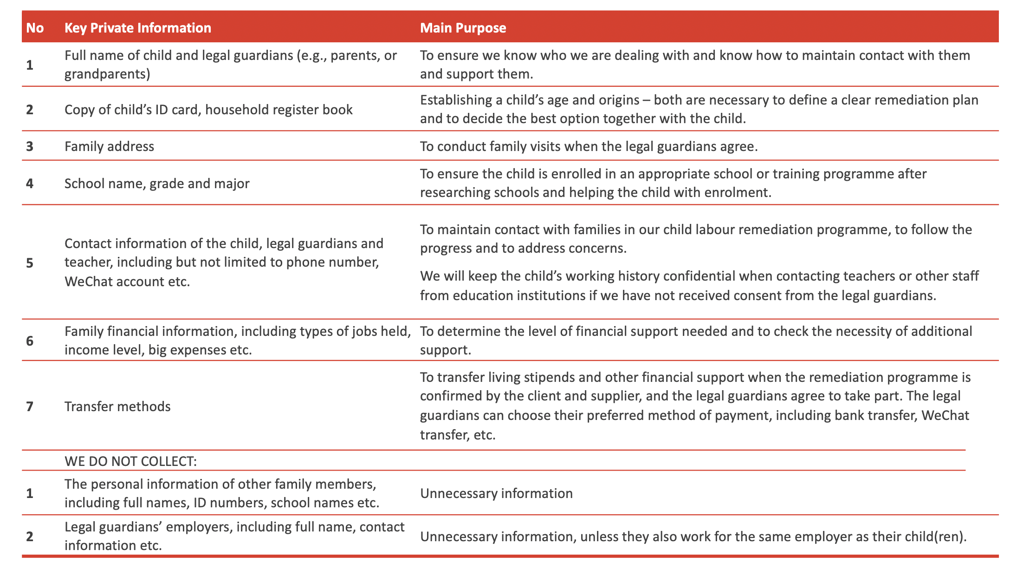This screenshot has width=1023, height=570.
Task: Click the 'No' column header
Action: click(x=35, y=28)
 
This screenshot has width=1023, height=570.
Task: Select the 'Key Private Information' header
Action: click(x=137, y=28)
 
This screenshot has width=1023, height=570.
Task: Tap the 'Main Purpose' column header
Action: click(x=463, y=28)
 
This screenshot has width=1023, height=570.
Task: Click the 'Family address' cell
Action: click(x=109, y=146)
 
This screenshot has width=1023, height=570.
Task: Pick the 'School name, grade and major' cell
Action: click(x=157, y=183)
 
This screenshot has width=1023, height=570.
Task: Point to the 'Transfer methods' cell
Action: click(x=117, y=406)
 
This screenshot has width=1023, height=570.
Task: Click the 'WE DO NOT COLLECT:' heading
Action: click(x=130, y=461)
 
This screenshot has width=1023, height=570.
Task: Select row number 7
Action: click(x=30, y=406)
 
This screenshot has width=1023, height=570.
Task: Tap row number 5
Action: click(x=30, y=263)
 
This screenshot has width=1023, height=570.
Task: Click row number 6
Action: click(x=30, y=341)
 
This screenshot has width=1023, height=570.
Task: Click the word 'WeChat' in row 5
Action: click(x=88, y=282)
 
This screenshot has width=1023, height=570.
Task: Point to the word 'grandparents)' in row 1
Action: click(x=107, y=74)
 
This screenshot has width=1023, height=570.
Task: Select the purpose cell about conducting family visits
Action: click(x=589, y=146)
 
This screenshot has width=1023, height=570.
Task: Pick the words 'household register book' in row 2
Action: click(x=278, y=110)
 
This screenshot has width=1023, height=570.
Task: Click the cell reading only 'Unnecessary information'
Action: click(x=496, y=493)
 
